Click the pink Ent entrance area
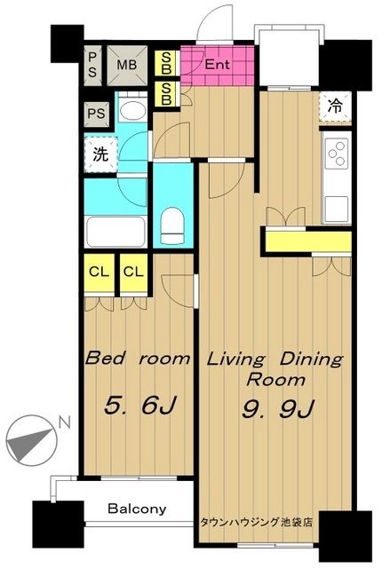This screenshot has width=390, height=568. coord(218,65)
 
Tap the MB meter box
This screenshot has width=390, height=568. coord(127,65)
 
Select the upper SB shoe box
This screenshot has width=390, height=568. coord(166,63)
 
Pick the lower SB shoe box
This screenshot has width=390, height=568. coord(166,94)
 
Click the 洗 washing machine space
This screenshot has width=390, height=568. coord(100,154)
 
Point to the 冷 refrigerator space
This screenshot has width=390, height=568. coord(335,106)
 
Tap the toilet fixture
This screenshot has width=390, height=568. coord(172,225)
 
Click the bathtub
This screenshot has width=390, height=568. coord(115,232)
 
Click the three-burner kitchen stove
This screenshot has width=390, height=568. coord(337,154)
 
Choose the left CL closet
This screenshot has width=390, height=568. coord(99,272)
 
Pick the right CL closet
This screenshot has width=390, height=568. coord(134,272)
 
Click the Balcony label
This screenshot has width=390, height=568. coord(137,509)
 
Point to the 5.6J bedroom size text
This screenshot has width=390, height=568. coord(139,406)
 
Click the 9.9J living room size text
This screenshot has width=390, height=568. coord(277,409)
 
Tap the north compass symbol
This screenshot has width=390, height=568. coord(32,440)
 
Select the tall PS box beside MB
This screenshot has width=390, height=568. coord(92,65)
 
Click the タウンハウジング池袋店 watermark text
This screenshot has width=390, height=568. coord(256,522)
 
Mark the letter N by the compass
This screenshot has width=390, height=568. coord(65,422)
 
